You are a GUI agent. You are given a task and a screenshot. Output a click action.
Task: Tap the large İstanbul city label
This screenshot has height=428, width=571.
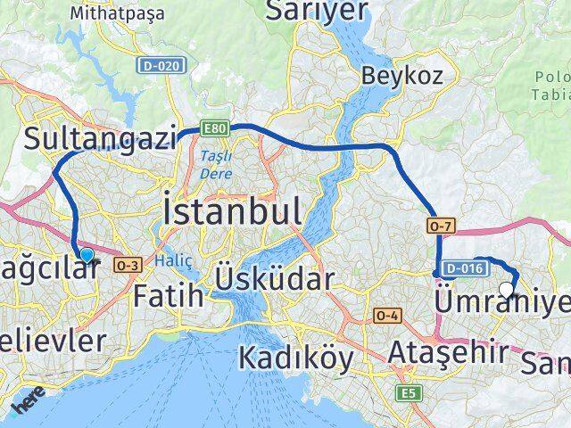point(232,212)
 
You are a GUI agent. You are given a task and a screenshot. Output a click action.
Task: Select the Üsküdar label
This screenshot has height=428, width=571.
point(275,280)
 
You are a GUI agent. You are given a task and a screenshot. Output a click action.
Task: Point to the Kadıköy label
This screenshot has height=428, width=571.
point(295,358)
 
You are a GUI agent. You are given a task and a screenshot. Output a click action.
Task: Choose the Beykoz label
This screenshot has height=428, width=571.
point(401,76)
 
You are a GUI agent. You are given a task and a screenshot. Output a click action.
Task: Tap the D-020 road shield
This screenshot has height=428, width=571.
point(160,65)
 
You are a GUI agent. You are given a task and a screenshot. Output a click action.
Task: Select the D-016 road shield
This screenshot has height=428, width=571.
point(465,266)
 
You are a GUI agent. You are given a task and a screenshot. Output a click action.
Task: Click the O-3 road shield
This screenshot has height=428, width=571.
point(128,263)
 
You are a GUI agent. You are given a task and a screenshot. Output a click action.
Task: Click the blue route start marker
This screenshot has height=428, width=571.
point(86,255)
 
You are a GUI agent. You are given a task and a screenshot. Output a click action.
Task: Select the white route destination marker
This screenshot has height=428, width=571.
point(507,289)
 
